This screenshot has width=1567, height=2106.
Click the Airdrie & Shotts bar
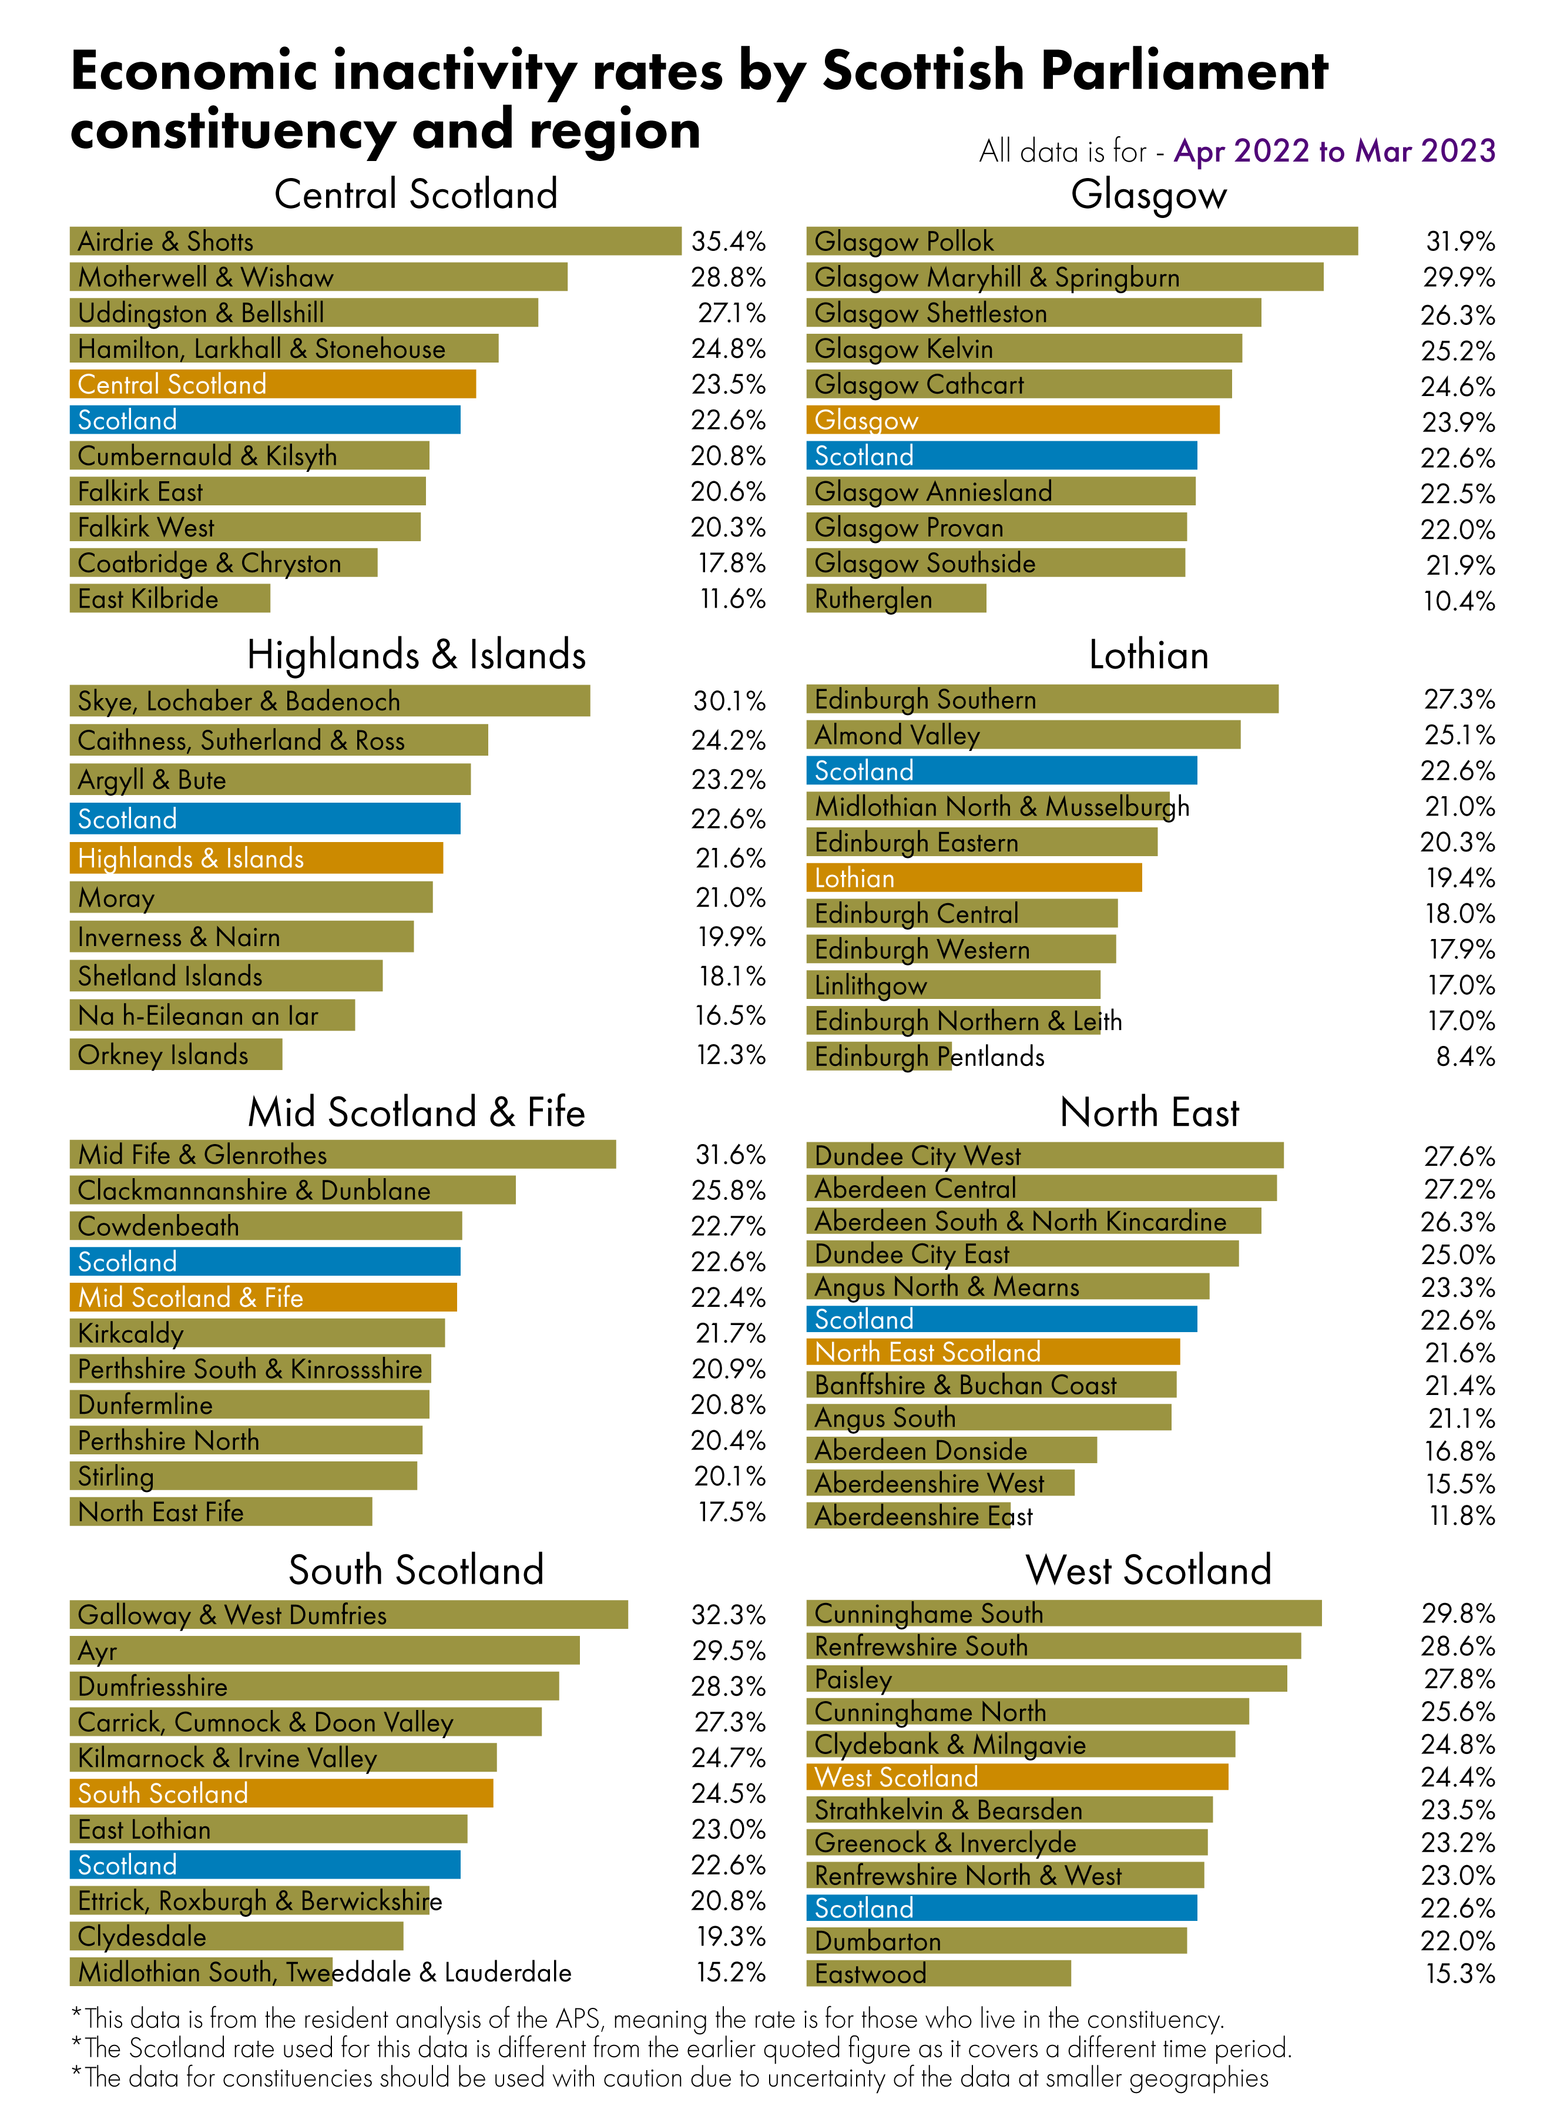point(375,241)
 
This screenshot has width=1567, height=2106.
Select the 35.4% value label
point(727,241)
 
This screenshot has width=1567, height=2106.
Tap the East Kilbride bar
point(170,599)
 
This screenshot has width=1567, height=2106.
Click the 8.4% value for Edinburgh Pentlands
point(1465,1056)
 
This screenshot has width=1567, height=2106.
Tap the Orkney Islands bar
point(176,1054)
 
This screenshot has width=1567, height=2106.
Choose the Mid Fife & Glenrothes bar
point(343,1155)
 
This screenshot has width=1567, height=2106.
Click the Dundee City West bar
point(1044,1155)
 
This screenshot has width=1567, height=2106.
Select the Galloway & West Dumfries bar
point(348,1615)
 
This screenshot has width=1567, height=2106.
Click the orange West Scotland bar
point(1017,1777)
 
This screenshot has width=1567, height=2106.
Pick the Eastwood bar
point(938,1973)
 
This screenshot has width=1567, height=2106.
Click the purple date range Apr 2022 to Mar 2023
point(1334,151)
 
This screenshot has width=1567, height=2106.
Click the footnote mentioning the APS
point(648,2018)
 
